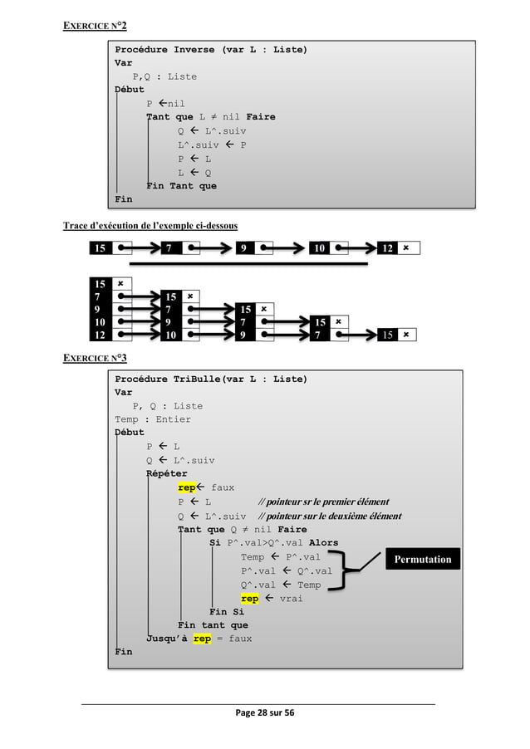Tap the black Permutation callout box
point(422,559)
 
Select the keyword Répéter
point(167,474)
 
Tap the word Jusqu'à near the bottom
point(167,639)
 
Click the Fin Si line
point(226,612)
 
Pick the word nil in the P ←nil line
point(176,104)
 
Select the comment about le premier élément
point(323,502)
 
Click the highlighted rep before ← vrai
point(249,598)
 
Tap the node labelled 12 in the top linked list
point(387,247)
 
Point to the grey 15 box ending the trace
point(386,334)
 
